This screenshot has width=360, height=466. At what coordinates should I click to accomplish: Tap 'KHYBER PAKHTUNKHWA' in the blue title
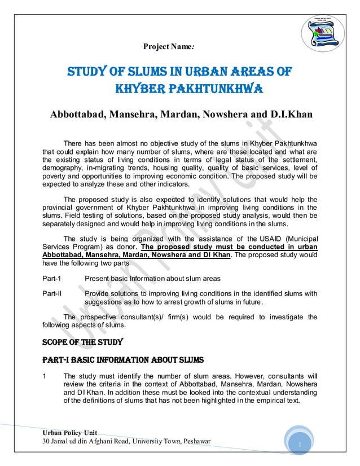point(179,90)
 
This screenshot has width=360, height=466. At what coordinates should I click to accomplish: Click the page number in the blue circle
point(301,446)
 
